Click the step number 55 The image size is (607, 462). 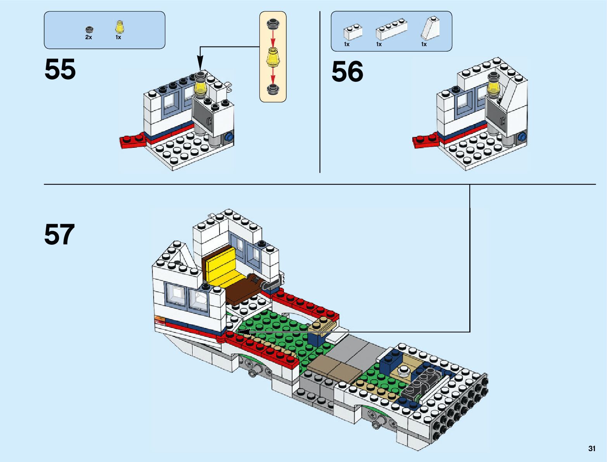(x=60, y=70)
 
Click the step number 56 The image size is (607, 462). (x=347, y=72)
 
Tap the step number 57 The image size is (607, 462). (x=59, y=235)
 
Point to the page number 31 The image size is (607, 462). (x=591, y=448)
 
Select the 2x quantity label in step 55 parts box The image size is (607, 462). (x=88, y=38)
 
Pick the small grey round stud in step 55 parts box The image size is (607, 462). (x=89, y=29)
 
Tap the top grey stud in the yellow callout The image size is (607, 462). (x=273, y=24)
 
